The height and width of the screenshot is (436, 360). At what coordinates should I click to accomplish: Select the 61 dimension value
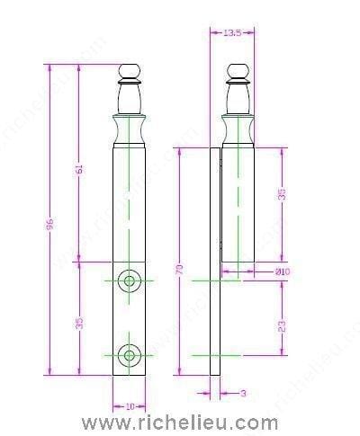(x=79, y=168)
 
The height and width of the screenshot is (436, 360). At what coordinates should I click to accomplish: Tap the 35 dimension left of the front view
(x=79, y=321)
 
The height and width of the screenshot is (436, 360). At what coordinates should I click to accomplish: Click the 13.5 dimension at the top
(x=231, y=33)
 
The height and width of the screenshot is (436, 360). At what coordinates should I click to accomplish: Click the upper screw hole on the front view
(x=130, y=281)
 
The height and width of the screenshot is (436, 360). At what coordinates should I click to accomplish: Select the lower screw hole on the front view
(x=130, y=355)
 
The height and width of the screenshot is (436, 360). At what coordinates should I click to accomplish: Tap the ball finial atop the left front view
(x=130, y=72)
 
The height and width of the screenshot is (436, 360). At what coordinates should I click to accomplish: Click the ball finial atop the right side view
(x=237, y=72)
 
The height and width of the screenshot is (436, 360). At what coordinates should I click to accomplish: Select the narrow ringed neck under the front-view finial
(x=130, y=95)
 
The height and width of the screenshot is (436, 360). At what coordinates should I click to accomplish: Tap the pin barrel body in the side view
(x=237, y=207)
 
